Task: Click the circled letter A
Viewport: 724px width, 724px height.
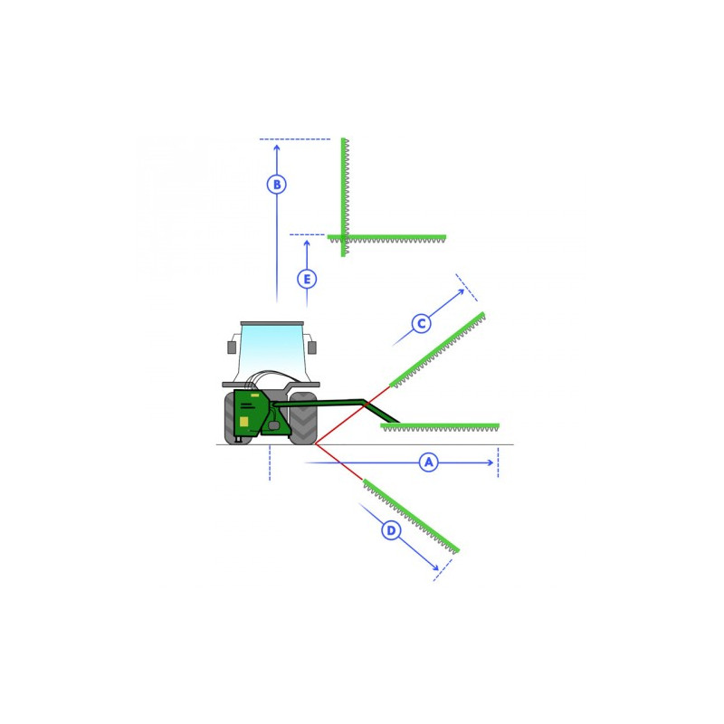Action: [428, 462]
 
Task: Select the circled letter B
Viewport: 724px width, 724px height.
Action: [277, 185]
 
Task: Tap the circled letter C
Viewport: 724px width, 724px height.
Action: [421, 324]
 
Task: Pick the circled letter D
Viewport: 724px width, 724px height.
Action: [391, 530]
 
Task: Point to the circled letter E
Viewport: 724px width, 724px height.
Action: [307, 279]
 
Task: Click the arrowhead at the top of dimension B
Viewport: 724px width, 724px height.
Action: [277, 148]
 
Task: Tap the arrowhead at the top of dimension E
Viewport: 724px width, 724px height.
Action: [307, 243]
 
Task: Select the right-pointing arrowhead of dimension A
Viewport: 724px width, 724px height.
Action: [491, 462]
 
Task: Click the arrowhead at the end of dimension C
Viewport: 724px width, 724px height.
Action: [462, 291]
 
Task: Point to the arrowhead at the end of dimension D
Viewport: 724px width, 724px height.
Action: [435, 567]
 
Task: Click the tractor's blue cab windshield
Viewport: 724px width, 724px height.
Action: [272, 348]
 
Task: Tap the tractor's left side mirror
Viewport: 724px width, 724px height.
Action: [232, 348]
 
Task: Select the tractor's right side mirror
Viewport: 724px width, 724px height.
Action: [312, 348]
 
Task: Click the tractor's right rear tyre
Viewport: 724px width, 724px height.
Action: [303, 418]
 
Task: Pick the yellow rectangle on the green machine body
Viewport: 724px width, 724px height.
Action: [243, 421]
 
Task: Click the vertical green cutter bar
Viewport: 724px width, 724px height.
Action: [343, 197]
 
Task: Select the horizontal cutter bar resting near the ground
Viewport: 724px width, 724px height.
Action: [440, 426]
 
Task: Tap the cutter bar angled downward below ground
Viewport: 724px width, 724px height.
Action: [411, 516]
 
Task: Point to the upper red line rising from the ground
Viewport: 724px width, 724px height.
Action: [353, 415]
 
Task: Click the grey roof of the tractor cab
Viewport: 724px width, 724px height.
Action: [272, 323]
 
